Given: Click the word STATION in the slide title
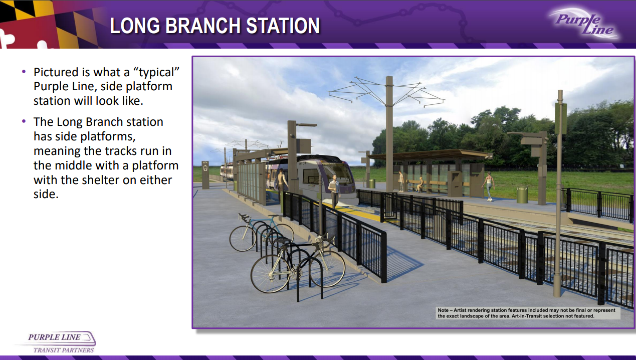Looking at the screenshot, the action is coord(283,26).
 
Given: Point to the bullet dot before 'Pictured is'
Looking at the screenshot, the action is coord(24,72).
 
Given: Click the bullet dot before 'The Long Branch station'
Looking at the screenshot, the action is coord(24,121).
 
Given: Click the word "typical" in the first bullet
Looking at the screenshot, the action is coord(159,73).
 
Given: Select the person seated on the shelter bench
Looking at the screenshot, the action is coord(419,185).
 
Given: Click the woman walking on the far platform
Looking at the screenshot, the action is coord(488,187).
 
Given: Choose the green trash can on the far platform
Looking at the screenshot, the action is coord(522,195).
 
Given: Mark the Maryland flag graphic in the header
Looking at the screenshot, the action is coord(48,24).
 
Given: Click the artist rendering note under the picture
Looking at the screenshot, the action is coord(528,313).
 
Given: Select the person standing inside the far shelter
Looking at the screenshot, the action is coord(400,182).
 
